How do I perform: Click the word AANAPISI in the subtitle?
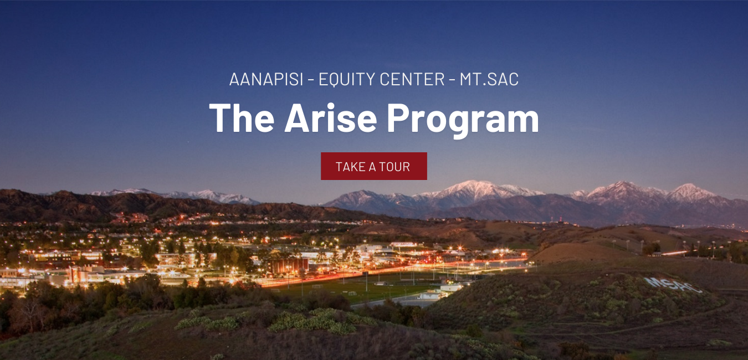pyautogui.click(x=266, y=79)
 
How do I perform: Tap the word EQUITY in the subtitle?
pyautogui.click(x=347, y=79)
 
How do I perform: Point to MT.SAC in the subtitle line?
pyautogui.click(x=489, y=79)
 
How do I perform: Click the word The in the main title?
pyautogui.click(x=242, y=118)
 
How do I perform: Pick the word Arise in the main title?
pyautogui.click(x=331, y=118)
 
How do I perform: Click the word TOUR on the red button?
pyautogui.click(x=395, y=167)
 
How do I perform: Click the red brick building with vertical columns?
pyautogui.click(x=288, y=266)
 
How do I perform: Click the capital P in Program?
pyautogui.click(x=399, y=118)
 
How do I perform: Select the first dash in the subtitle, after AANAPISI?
pyautogui.click(x=310, y=80)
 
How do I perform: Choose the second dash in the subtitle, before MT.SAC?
pyautogui.click(x=452, y=80)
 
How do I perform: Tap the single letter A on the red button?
pyautogui.click(x=372, y=167)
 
